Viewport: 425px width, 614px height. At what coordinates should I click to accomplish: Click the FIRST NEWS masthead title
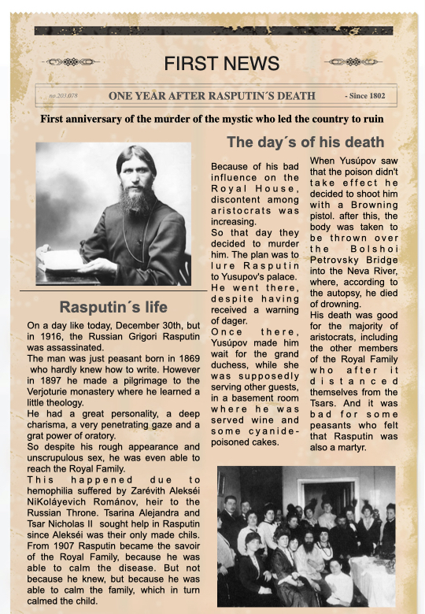coord(221,63)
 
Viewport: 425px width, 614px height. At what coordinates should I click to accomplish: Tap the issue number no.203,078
coord(64,97)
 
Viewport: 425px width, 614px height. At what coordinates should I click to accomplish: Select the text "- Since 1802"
coord(364,96)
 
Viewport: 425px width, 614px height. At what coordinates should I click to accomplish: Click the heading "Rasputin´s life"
coord(113,307)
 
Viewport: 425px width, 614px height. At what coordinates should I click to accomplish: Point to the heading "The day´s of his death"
coord(305,142)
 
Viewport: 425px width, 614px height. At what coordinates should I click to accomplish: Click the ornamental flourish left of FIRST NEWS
coord(74,61)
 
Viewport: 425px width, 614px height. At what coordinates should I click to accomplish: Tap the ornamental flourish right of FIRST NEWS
coord(353,61)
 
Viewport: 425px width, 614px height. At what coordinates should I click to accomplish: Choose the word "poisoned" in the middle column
coord(235,442)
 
